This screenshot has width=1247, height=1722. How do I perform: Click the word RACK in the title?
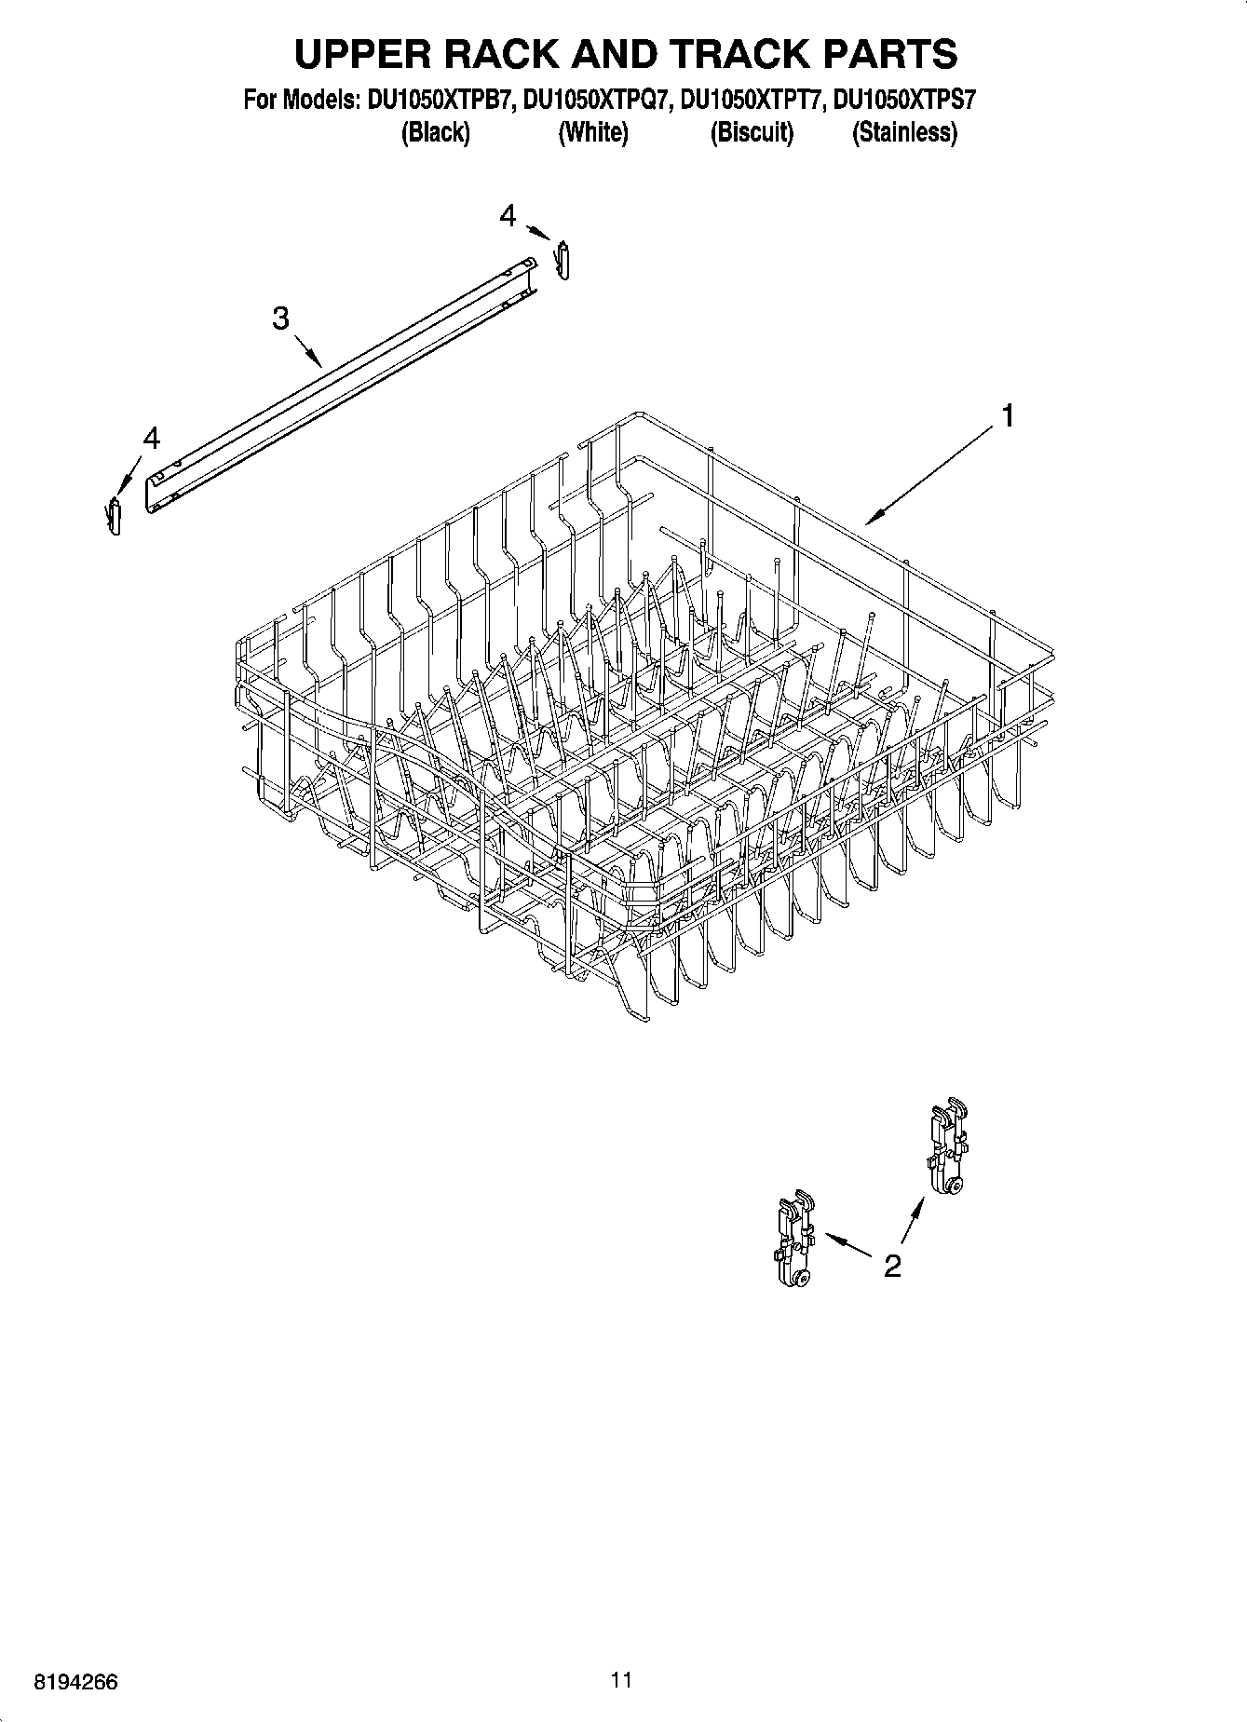[504, 54]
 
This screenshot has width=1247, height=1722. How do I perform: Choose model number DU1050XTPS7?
[904, 100]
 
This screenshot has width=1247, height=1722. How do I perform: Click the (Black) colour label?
[435, 133]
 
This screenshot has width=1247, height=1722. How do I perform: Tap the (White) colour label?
[593, 133]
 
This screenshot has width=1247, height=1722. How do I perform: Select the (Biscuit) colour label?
[752, 133]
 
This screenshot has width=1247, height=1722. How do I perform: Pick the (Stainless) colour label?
[904, 133]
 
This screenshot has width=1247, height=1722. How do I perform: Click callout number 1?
[1006, 415]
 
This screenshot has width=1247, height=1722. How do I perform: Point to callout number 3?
[280, 319]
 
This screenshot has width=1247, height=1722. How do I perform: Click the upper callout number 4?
[508, 216]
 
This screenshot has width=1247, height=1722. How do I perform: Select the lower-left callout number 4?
[151, 438]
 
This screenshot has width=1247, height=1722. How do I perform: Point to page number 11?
[621, 1680]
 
